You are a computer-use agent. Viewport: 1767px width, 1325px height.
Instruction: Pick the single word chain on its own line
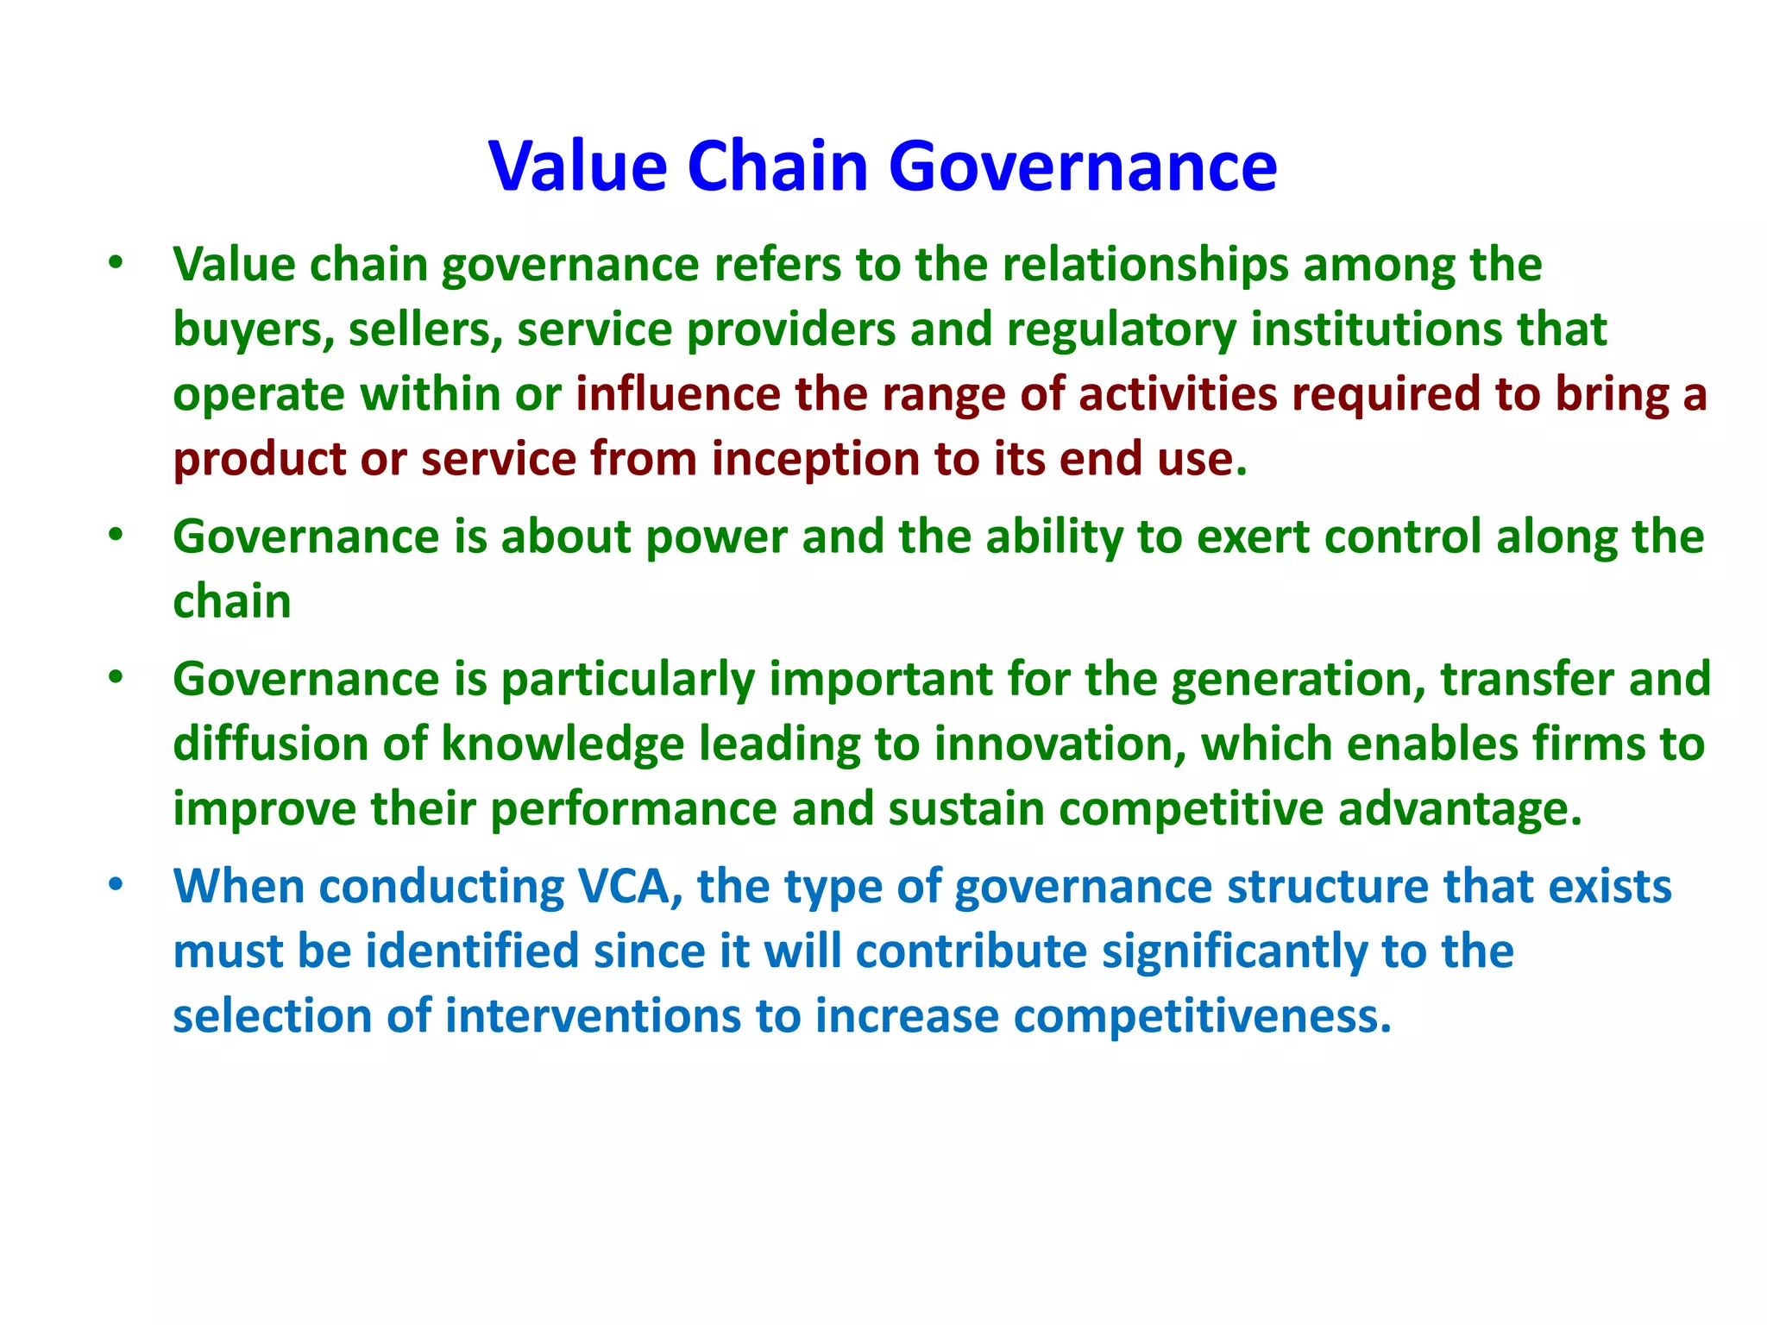(231, 601)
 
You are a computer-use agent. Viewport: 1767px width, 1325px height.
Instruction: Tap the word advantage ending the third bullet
(1460, 809)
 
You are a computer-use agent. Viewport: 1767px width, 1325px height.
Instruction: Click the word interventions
(593, 1016)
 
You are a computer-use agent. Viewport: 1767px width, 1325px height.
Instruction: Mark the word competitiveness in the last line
(1202, 1016)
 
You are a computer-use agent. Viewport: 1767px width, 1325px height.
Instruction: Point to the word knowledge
(563, 744)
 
